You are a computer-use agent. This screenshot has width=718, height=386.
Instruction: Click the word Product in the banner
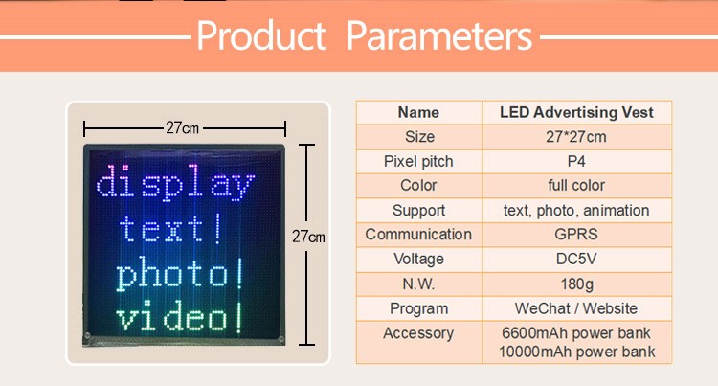point(261,35)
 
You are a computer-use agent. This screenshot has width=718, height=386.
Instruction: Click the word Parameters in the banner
point(439,35)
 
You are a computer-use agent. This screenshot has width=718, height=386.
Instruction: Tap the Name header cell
point(418,112)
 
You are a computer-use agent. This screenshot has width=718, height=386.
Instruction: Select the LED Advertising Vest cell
point(576,112)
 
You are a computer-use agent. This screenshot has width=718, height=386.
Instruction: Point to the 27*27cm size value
point(576,136)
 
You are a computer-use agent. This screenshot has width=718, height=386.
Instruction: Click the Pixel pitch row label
point(418,161)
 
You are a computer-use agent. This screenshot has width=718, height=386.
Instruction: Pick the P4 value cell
point(576,161)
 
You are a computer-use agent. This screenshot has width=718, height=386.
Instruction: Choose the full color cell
point(576,185)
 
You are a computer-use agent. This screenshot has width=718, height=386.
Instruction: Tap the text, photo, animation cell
point(576,210)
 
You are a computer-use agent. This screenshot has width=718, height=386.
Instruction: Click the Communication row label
point(418,234)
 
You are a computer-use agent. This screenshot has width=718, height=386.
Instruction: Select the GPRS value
point(576,234)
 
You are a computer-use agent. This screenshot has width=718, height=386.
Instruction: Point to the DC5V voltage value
point(576,259)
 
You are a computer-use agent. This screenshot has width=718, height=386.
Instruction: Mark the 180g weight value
point(577,284)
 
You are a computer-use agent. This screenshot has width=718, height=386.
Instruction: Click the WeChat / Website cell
point(576,308)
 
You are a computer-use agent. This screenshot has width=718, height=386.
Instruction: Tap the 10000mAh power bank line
point(577,352)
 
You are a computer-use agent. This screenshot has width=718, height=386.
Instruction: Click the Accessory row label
point(418,333)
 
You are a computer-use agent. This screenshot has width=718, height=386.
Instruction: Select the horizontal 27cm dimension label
point(182,127)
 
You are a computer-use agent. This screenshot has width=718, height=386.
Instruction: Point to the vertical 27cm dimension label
point(308,237)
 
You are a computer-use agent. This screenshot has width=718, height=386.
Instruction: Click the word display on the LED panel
point(175,182)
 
